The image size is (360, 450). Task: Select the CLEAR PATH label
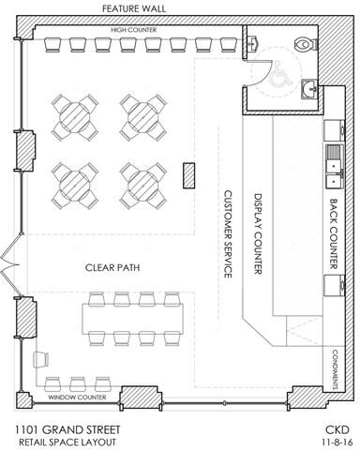112,266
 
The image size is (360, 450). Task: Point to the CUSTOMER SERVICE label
226,233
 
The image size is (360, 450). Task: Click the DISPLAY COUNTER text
260,233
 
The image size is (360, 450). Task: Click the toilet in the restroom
302,43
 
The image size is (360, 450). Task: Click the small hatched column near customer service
187,173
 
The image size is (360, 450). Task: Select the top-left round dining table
74,116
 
